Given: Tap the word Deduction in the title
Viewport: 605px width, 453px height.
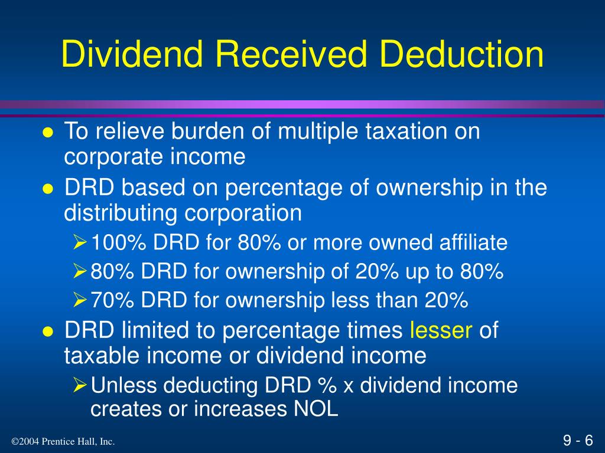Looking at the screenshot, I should click(x=462, y=54).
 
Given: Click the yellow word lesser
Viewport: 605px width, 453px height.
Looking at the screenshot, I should click(x=441, y=331).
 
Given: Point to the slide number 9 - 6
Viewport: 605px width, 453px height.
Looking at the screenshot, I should click(x=578, y=441).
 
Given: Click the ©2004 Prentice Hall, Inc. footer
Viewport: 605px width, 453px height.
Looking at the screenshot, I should click(x=63, y=442).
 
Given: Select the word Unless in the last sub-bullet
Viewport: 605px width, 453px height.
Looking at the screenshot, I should click(x=123, y=386).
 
